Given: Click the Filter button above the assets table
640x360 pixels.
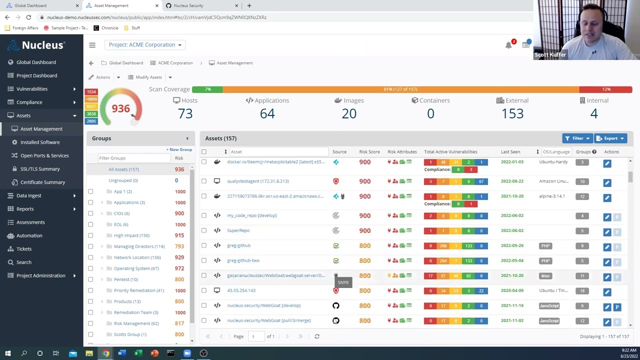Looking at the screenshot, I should click(577, 138).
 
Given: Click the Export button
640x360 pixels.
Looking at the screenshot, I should click(610, 138).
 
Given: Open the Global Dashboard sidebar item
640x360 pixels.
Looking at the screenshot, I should click(36, 62).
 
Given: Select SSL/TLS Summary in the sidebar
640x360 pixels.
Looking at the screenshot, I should click(40, 169).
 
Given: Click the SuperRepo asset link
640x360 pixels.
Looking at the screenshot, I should click(238, 230).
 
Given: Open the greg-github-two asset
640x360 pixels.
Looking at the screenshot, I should click(243, 260).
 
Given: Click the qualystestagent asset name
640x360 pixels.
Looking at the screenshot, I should click(257, 181).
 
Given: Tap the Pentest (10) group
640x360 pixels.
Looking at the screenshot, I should click(125, 279).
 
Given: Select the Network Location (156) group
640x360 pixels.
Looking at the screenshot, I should click(137, 257).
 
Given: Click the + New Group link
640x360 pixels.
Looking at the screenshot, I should click(179, 149).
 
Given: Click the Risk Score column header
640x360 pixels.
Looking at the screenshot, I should click(369, 152).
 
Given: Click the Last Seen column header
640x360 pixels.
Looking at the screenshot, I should click(510, 152).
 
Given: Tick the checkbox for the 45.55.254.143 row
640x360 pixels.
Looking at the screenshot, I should click(204, 290).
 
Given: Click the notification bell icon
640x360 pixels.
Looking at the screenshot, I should click(508, 45).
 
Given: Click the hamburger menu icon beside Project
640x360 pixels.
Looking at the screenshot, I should click(92, 45).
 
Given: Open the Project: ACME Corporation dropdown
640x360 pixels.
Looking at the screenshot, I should click(145, 45).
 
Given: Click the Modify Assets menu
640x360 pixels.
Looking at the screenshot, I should click(149, 77).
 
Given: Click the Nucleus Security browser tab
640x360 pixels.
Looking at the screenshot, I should click(188, 5).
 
